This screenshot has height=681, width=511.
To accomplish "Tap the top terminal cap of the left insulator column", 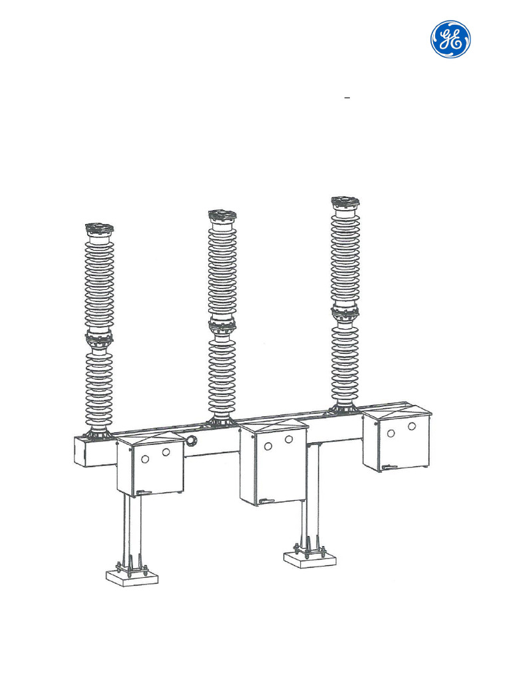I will pyautogui.click(x=99, y=229).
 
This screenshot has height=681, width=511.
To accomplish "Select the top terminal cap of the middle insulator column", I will pyautogui.click(x=222, y=215).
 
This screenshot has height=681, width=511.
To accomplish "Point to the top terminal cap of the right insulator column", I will pyautogui.click(x=345, y=202).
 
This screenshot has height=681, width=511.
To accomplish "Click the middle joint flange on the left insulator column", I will pyautogui.click(x=99, y=339).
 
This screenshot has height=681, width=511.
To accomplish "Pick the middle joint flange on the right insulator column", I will pyautogui.click(x=345, y=311).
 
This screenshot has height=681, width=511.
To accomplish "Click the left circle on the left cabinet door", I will pyautogui.click(x=146, y=456).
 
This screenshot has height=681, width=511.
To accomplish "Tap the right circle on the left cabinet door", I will pyautogui.click(x=166, y=452).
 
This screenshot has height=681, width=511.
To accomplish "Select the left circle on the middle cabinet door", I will pyautogui.click(x=268, y=446).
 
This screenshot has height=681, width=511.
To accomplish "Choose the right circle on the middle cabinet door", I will pyautogui.click(x=289, y=440).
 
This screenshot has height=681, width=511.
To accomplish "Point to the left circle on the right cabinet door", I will pyautogui.click(x=391, y=433).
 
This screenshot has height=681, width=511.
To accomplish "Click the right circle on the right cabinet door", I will pyautogui.click(x=412, y=426).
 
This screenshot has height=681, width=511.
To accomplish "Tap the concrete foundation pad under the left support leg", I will pyautogui.click(x=132, y=577).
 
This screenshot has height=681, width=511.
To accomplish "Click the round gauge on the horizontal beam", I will pyautogui.click(x=192, y=440).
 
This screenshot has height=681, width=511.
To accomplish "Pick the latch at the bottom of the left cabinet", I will pyautogui.click(x=140, y=493).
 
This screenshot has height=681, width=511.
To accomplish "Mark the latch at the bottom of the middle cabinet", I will pyautogui.click(x=265, y=501).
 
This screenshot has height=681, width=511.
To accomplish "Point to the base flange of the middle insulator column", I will pyautogui.click(x=222, y=421).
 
